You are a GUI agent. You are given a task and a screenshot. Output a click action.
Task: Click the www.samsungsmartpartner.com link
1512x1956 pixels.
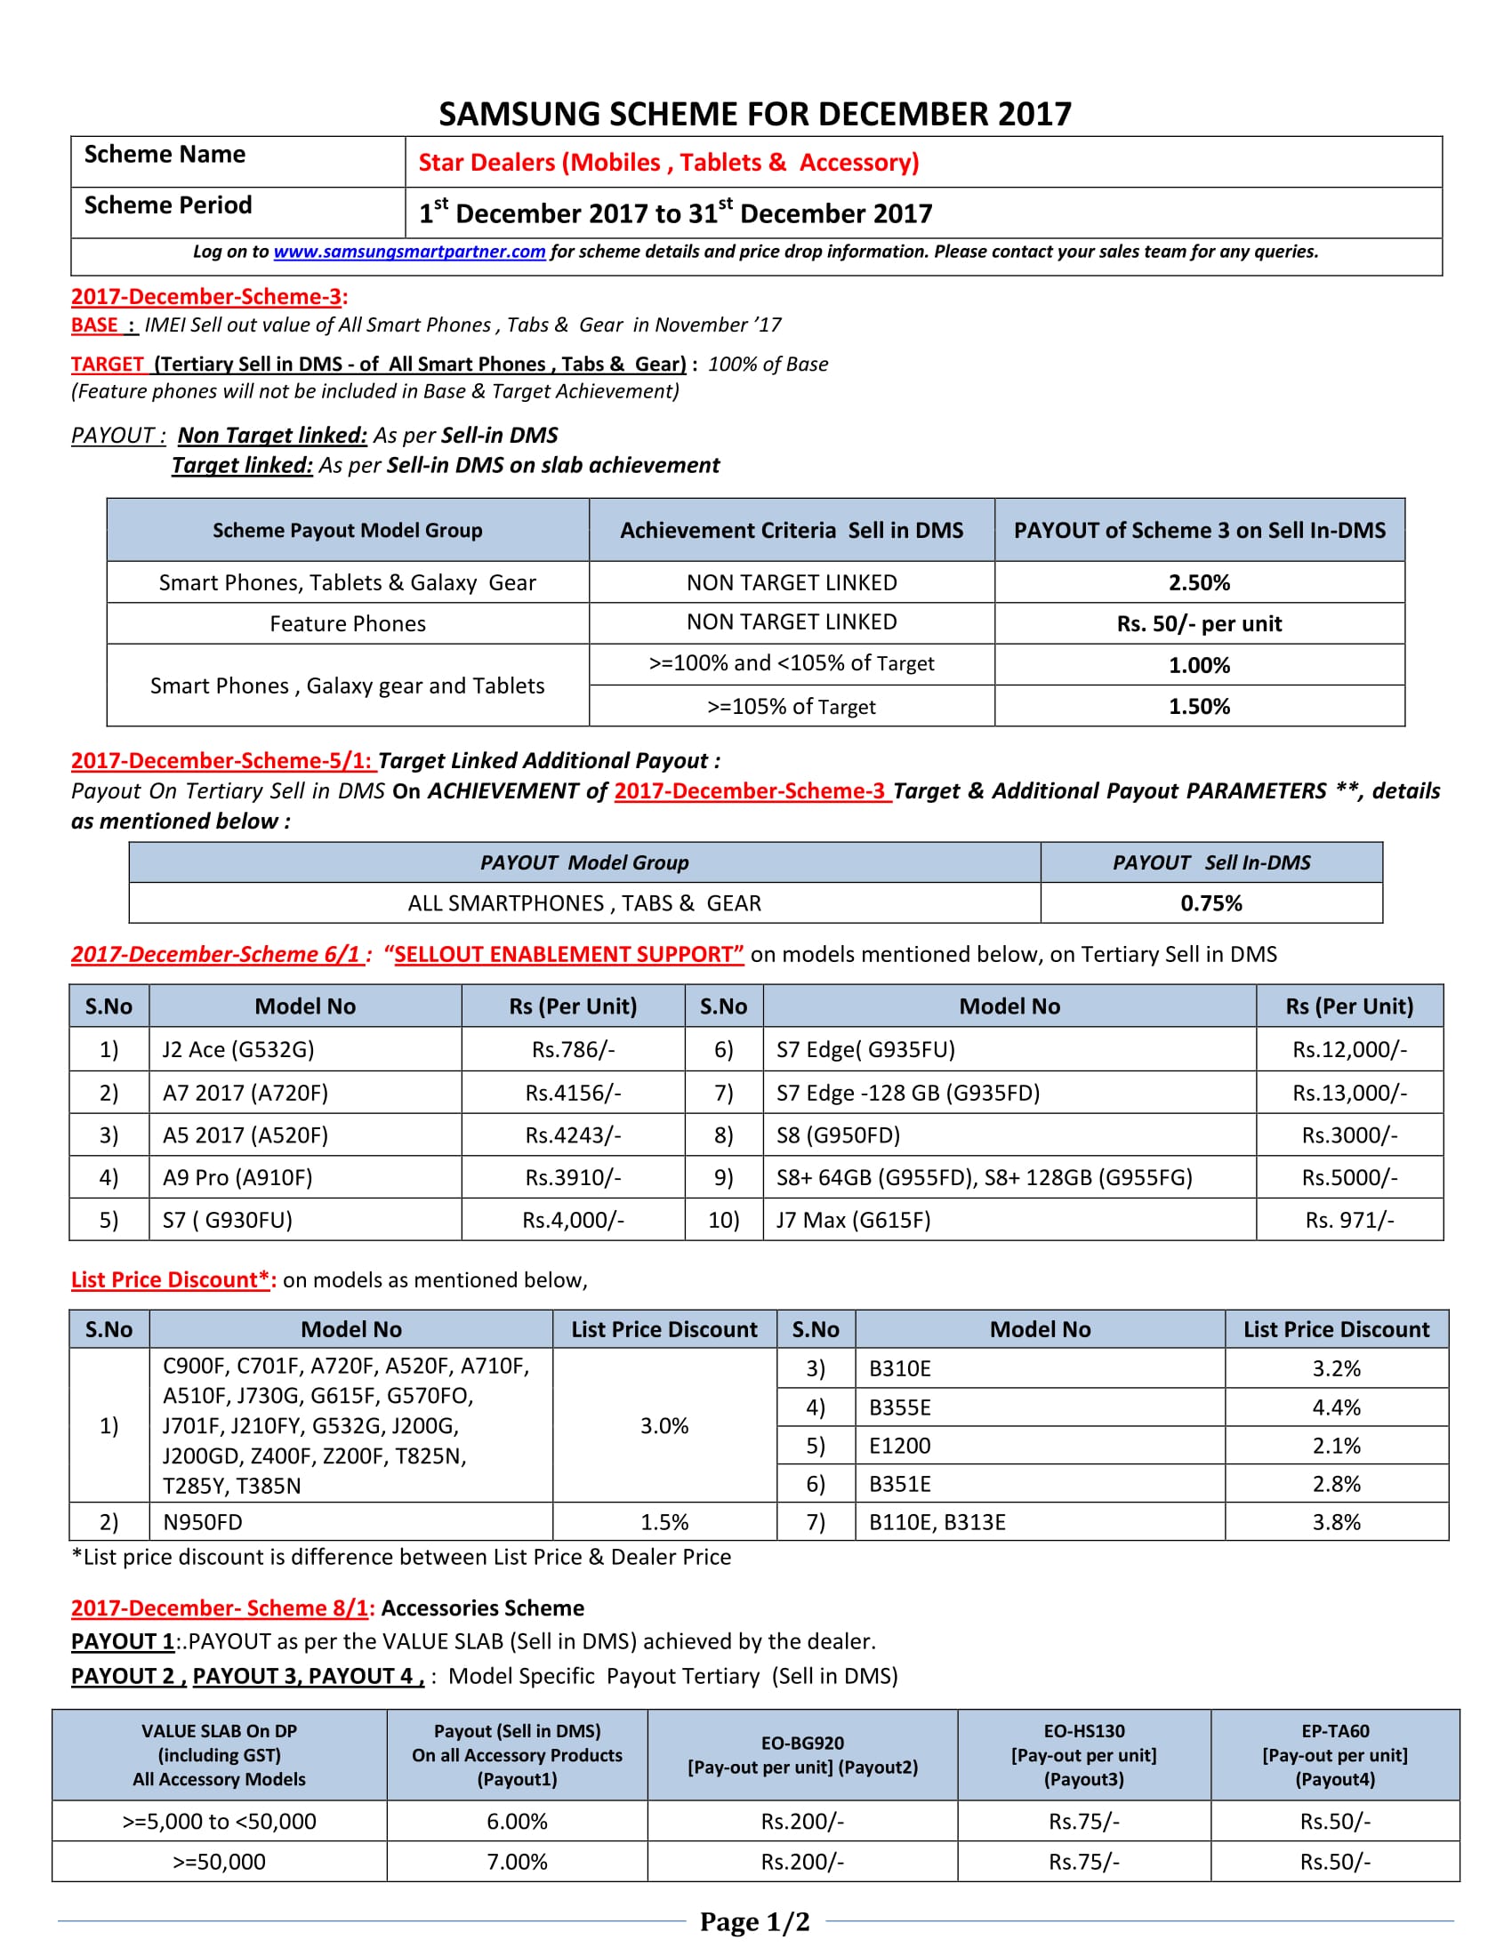(x=409, y=252)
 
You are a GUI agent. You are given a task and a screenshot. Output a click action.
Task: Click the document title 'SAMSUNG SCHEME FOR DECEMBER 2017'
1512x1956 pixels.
(x=755, y=114)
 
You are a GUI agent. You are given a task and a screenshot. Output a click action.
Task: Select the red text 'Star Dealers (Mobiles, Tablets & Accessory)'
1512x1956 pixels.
(x=668, y=162)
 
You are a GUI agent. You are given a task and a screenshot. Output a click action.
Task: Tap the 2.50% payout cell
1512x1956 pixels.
(x=1199, y=582)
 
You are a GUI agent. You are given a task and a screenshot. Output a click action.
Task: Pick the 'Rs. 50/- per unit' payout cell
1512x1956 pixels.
(x=1199, y=623)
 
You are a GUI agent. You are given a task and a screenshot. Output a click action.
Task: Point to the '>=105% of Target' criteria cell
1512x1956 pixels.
(x=791, y=707)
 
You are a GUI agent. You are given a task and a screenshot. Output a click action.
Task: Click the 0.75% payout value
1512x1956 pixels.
(x=1210, y=902)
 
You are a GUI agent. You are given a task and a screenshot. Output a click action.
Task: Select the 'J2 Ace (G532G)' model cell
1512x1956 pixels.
(x=238, y=1049)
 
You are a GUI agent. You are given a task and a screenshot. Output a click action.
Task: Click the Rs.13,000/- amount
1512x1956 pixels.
(x=1349, y=1093)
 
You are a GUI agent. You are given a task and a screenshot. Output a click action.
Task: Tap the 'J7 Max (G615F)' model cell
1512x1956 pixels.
(x=853, y=1220)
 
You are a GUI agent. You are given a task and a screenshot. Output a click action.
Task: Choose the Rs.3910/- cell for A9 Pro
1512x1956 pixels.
(x=574, y=1177)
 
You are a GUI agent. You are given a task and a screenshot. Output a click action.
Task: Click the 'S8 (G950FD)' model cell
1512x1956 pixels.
(x=838, y=1134)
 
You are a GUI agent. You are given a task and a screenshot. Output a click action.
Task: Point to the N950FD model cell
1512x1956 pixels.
(x=203, y=1521)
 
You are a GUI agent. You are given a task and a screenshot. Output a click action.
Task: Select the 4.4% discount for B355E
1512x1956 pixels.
(x=1336, y=1407)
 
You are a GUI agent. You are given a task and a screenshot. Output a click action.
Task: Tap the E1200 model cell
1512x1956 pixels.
(x=899, y=1446)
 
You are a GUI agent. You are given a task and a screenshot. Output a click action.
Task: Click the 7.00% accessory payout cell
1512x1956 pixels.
(x=517, y=1862)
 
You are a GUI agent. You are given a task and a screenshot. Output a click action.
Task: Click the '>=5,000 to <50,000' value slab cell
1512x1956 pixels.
(x=220, y=1821)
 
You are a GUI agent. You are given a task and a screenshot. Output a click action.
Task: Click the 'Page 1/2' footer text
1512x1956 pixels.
(x=754, y=1922)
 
